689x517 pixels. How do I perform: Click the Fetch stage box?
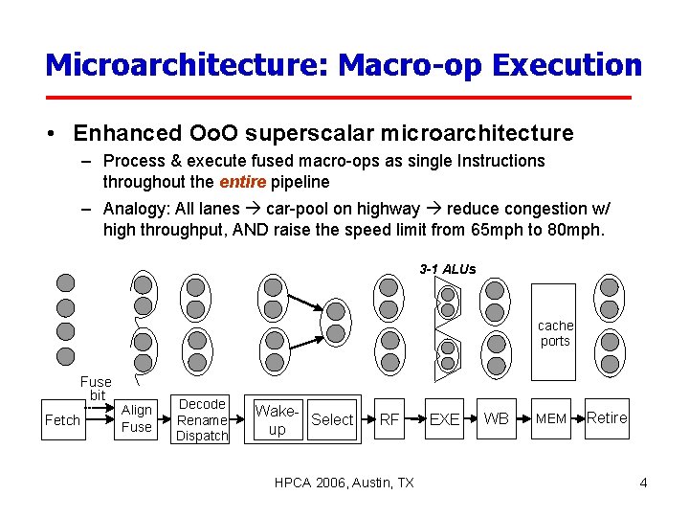point(62,420)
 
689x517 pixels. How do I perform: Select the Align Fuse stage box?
point(136,419)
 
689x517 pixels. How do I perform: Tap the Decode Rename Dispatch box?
point(203,420)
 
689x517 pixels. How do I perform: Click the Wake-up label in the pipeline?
point(278,419)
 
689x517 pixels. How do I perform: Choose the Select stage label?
point(332,419)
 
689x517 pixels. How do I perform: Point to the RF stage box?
point(389,419)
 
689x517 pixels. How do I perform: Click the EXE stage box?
point(444,419)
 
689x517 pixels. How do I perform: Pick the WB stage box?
point(497,419)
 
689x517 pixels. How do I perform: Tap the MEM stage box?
point(550,419)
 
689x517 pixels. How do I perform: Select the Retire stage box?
point(607,417)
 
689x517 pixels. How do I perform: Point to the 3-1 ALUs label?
point(447,269)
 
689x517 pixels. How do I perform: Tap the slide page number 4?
point(643,483)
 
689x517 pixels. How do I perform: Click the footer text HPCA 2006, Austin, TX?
point(344,483)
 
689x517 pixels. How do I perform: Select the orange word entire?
point(242,182)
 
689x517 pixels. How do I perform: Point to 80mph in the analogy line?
point(576,230)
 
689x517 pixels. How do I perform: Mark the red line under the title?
point(340,98)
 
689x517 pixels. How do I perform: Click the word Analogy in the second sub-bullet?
point(136,209)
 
